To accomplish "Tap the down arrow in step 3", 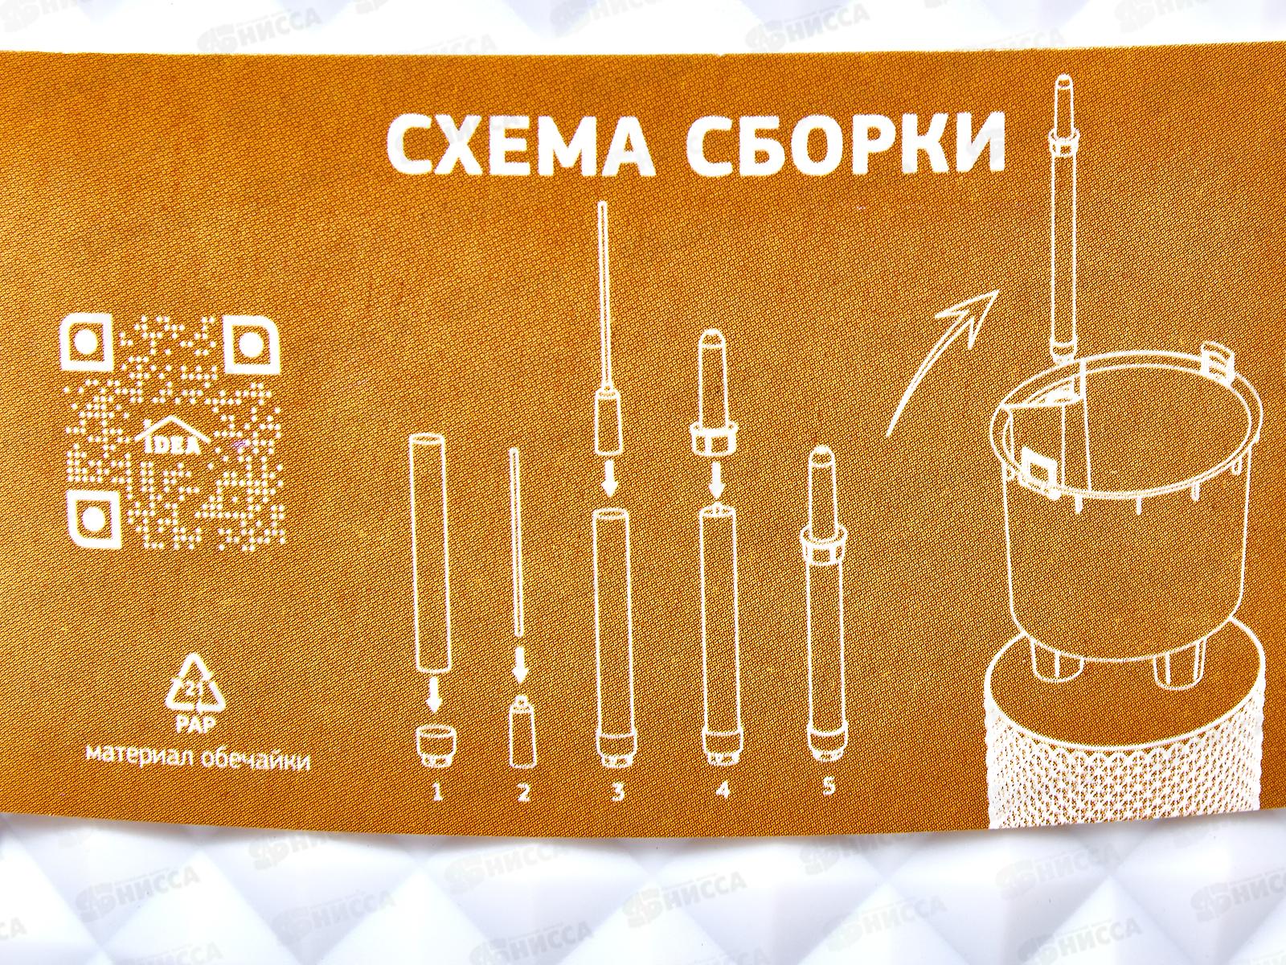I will point(609,480).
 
